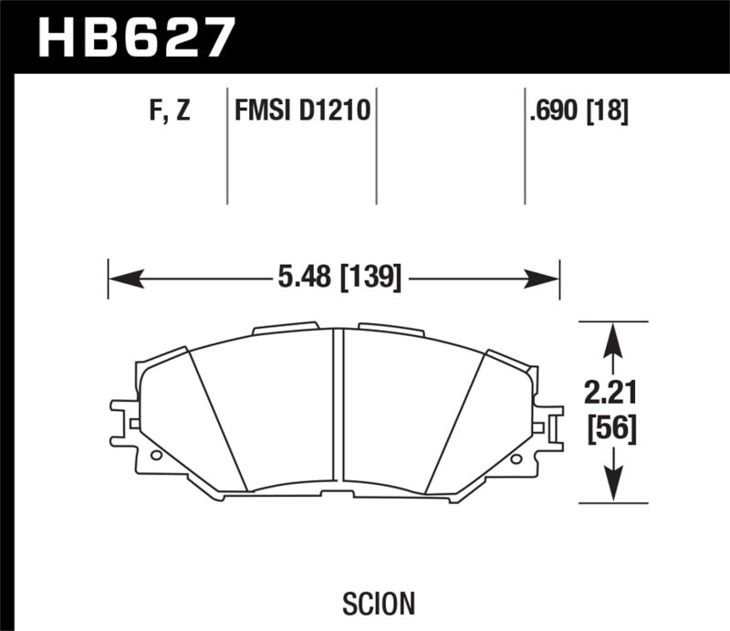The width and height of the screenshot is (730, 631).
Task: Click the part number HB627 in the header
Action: pyautogui.click(x=135, y=39)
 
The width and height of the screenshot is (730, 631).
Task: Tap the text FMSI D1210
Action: pyautogui.click(x=302, y=113)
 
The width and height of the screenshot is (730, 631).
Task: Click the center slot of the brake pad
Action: pyautogui.click(x=339, y=402)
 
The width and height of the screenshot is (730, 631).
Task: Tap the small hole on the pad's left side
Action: pyautogui.click(x=154, y=454)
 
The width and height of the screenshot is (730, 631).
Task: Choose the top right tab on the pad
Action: pyautogui.click(x=391, y=328)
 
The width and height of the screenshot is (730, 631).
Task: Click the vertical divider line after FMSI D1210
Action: pyautogui.click(x=377, y=146)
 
